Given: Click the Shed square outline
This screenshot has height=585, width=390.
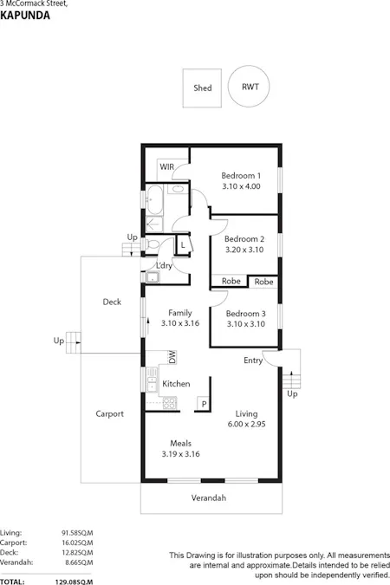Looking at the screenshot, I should tap(202, 88).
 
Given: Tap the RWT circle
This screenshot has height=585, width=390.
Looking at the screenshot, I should tap(250, 87).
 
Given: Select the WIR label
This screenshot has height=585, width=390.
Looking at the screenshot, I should tap(167, 167).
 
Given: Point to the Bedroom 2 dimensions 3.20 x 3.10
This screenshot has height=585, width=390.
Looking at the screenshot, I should tap(244, 250).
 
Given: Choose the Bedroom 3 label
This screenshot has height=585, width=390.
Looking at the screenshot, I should tap(244, 313).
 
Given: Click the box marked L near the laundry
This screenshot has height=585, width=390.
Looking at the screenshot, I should tap(183, 246).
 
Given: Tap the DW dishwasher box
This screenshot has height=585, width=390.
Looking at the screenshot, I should tap(172, 357).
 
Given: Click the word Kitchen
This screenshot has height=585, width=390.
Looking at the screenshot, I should tap(177, 383).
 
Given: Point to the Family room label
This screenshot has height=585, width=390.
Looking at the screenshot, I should tap(180, 313).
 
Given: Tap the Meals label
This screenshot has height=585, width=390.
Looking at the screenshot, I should tap(180, 442).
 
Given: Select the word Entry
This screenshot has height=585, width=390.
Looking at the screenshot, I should tap(253, 361).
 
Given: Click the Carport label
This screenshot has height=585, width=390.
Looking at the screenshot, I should tap(109, 413).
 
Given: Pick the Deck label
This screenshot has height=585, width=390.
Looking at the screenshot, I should tap(112, 302).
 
